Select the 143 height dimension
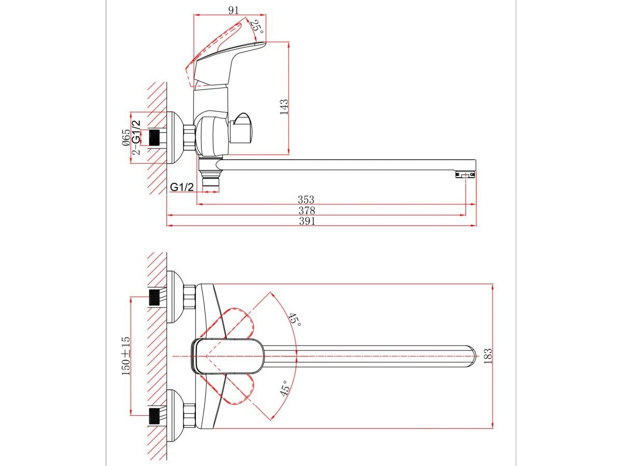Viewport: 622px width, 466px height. point(284,107)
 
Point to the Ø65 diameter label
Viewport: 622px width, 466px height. point(126,138)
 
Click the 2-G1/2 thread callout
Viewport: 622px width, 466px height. point(136,137)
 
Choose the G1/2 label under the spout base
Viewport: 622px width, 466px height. point(182,187)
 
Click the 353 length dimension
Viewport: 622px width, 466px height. point(306,199)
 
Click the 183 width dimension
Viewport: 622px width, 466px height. point(488,356)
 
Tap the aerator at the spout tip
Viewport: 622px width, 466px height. point(465,176)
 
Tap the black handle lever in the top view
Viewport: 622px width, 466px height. point(228,356)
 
